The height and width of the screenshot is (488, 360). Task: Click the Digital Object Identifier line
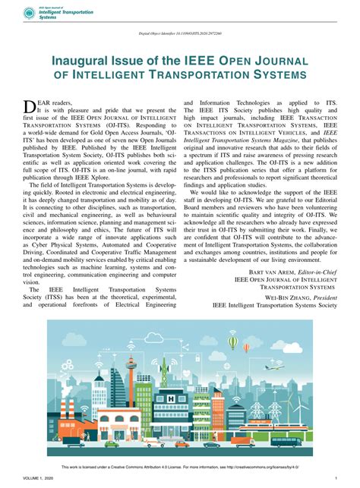pos(179,35)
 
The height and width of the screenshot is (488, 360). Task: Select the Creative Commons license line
pos(179,467)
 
